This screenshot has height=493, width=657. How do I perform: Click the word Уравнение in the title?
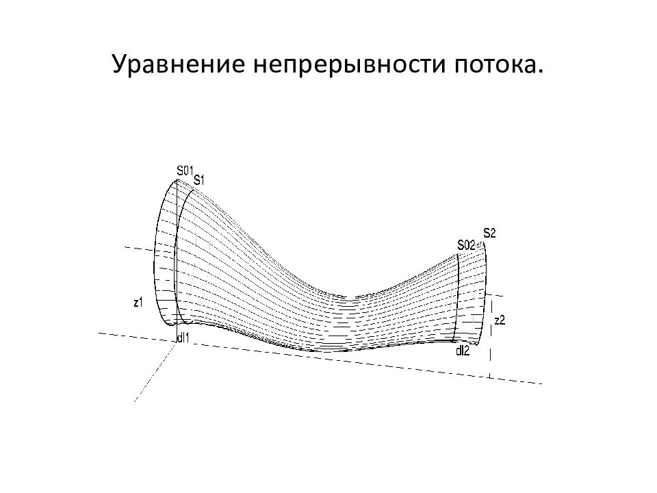(x=178, y=65)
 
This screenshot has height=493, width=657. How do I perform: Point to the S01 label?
(x=184, y=170)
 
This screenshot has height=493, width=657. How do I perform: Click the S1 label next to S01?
(x=198, y=180)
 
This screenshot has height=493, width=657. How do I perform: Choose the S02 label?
(x=466, y=245)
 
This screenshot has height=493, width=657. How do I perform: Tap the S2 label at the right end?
(x=489, y=233)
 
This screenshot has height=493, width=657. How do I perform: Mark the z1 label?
(x=138, y=302)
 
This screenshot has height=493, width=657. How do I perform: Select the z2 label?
(x=500, y=320)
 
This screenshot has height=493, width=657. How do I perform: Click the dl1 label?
(x=183, y=338)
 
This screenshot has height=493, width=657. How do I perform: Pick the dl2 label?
(x=463, y=351)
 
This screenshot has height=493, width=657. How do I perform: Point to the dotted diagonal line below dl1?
(x=154, y=372)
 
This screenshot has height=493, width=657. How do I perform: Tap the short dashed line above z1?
(x=140, y=249)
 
